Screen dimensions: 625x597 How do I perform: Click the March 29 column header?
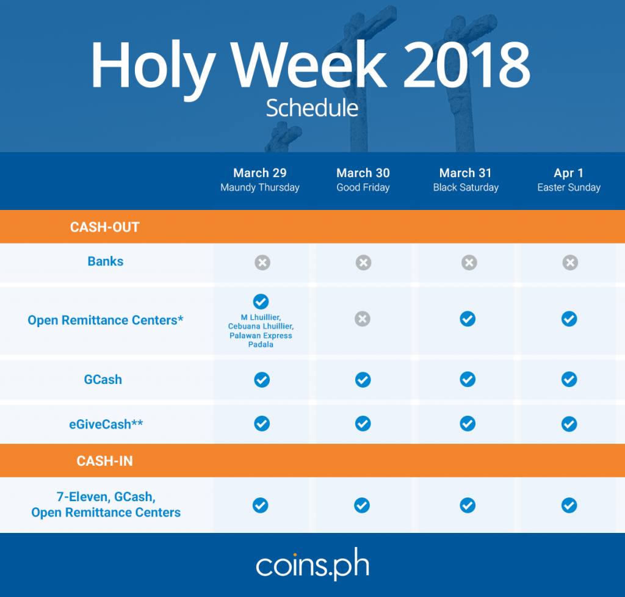coord(260,179)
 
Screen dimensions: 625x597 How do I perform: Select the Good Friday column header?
coord(363,179)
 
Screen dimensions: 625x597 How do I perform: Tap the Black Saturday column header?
coord(466,179)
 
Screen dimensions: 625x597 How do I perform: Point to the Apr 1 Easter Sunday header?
coord(569,179)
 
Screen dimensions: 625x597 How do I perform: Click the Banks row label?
coord(105,261)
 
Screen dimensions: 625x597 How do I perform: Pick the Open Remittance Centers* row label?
coord(105,320)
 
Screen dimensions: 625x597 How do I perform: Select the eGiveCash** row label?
coord(106,424)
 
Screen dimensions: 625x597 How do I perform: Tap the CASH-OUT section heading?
coord(105,227)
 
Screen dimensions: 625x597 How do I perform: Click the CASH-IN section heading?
coord(105,461)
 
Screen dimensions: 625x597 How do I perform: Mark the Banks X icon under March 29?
coord(262,262)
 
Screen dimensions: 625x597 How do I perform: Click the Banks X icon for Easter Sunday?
coord(570,262)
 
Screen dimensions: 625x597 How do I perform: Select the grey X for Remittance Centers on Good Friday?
coord(363,319)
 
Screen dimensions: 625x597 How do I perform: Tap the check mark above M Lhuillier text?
coord(261,302)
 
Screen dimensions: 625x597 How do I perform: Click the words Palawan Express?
coord(261,336)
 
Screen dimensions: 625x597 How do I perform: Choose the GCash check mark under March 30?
coord(363,380)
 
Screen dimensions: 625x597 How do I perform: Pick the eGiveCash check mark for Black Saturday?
coord(468,424)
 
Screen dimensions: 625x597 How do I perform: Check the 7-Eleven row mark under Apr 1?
coord(569,505)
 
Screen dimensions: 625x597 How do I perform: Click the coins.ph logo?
coord(312,564)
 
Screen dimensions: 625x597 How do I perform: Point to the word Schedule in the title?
coord(312,108)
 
